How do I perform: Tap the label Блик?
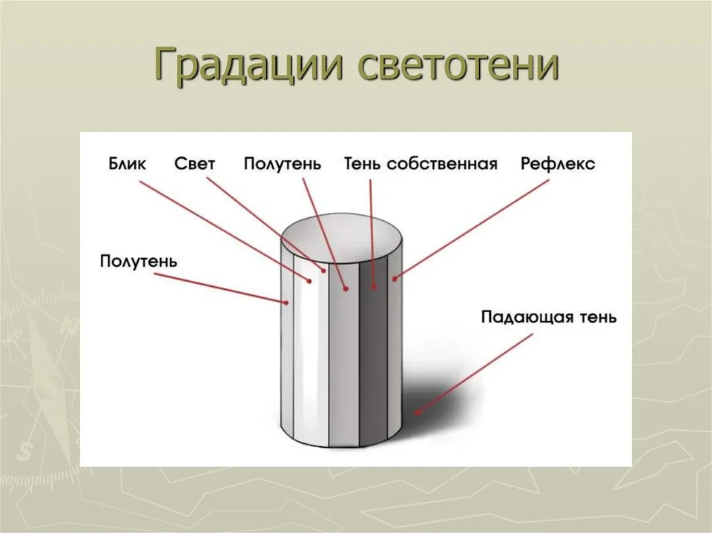127,163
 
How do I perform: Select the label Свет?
194,163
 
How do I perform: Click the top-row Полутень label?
282,164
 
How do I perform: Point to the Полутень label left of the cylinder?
139,262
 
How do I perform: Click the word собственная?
442,164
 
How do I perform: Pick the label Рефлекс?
558,164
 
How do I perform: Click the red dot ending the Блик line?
310,282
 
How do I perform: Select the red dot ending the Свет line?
324,271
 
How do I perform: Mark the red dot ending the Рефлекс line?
395,279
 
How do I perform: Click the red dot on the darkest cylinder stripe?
374,287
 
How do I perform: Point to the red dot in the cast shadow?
417,413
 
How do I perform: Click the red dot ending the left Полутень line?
286,302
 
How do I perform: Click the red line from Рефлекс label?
472,229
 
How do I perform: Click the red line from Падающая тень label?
475,374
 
